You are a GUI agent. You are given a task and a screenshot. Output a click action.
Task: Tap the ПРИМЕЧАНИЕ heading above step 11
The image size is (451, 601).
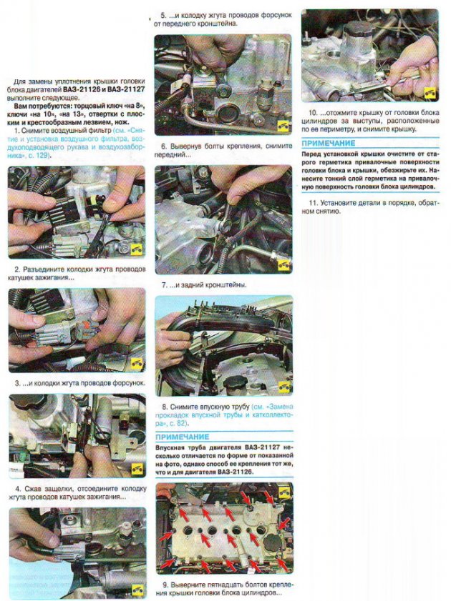click(x=329, y=144)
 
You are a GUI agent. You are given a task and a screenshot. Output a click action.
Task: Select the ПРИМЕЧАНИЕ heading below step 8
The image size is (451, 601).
click(x=183, y=437)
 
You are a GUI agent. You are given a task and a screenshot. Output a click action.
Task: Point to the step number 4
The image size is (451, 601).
click(x=18, y=489)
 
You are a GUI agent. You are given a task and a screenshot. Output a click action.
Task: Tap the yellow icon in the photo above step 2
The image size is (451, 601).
click(x=137, y=249)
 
